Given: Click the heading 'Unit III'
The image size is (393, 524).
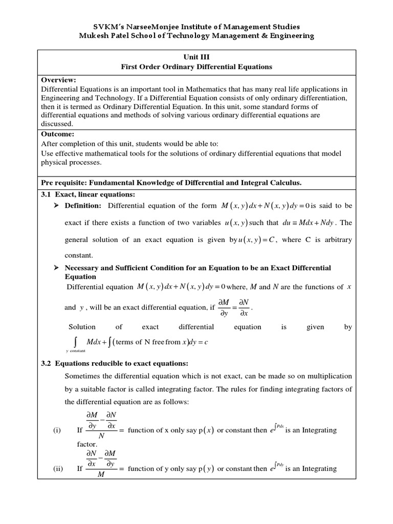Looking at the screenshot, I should (196, 57).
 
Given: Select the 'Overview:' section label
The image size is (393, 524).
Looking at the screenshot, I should (58, 80).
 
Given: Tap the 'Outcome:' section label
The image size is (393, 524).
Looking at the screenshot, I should (58, 134).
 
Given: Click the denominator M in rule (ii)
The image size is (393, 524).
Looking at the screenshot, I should (101, 477).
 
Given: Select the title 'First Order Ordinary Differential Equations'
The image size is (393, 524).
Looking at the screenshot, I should (196, 67).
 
